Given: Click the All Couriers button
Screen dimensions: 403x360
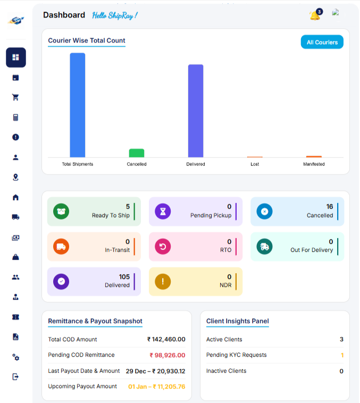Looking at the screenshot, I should (x=322, y=42).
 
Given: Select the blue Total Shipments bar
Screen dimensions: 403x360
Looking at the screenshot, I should (x=78, y=105).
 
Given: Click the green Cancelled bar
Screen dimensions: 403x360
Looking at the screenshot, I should (x=137, y=153).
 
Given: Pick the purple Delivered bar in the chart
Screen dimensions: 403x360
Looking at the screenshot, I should (x=196, y=111).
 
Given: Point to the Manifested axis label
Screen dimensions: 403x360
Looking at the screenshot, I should (x=314, y=164).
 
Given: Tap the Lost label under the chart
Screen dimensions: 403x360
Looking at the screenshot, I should (x=255, y=164).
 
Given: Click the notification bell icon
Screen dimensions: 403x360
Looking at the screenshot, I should (x=314, y=15).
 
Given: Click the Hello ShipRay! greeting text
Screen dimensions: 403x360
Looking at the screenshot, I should (x=114, y=15).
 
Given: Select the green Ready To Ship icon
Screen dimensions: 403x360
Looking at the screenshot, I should (x=61, y=211).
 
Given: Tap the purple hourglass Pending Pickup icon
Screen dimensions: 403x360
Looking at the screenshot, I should (x=163, y=211).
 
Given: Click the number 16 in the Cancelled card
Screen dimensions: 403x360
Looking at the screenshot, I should (x=330, y=207).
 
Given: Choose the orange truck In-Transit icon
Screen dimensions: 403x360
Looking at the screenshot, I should (x=61, y=246).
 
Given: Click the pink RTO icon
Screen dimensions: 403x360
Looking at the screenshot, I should (x=163, y=246).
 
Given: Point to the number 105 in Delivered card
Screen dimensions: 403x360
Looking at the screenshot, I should (x=124, y=277).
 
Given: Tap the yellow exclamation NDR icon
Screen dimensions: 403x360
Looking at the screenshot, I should (x=163, y=282).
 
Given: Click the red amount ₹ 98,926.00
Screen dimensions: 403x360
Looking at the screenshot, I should (x=168, y=355).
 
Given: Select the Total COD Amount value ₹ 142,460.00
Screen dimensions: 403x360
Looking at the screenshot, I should (x=166, y=339).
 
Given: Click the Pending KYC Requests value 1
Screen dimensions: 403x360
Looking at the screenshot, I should (x=342, y=355).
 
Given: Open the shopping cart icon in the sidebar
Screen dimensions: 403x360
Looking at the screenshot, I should (x=15, y=97).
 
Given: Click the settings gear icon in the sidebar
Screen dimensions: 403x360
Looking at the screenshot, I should (x=15, y=357).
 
